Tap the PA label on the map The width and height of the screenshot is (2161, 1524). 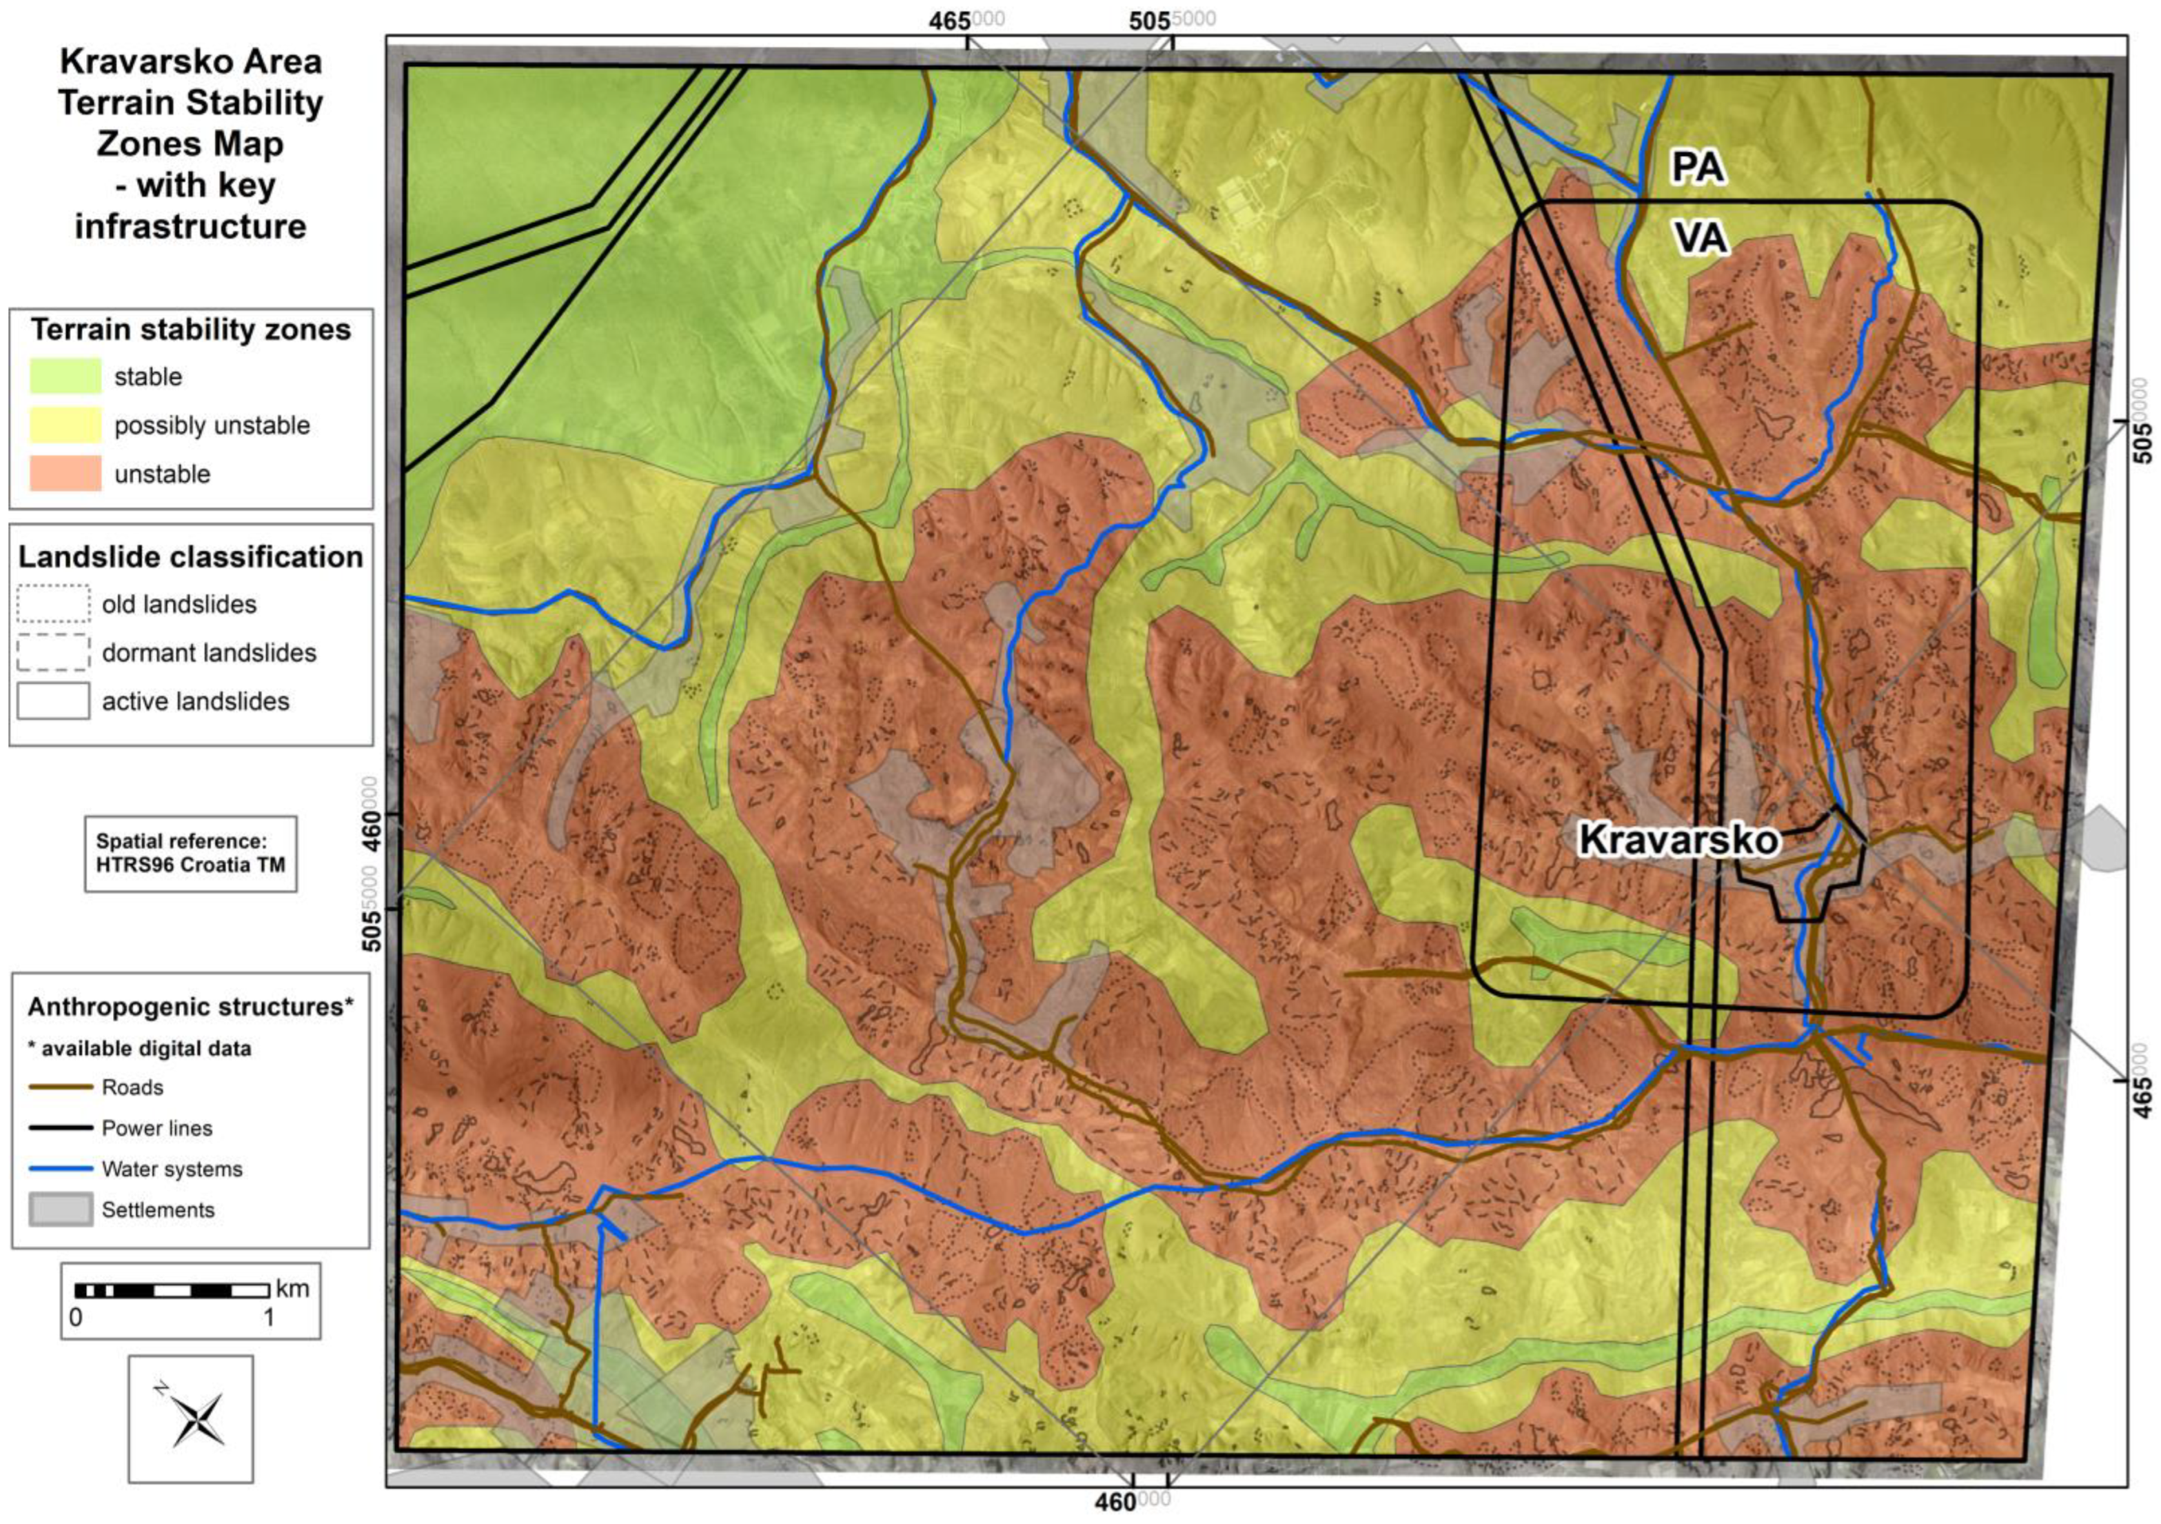pos(1698,167)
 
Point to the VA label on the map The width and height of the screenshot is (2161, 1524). pos(1701,237)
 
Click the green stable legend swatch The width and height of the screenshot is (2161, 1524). pos(65,377)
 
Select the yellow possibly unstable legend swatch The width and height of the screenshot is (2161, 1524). pos(65,425)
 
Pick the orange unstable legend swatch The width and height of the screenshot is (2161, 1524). pos(65,474)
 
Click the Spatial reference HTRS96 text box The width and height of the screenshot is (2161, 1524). pos(190,853)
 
